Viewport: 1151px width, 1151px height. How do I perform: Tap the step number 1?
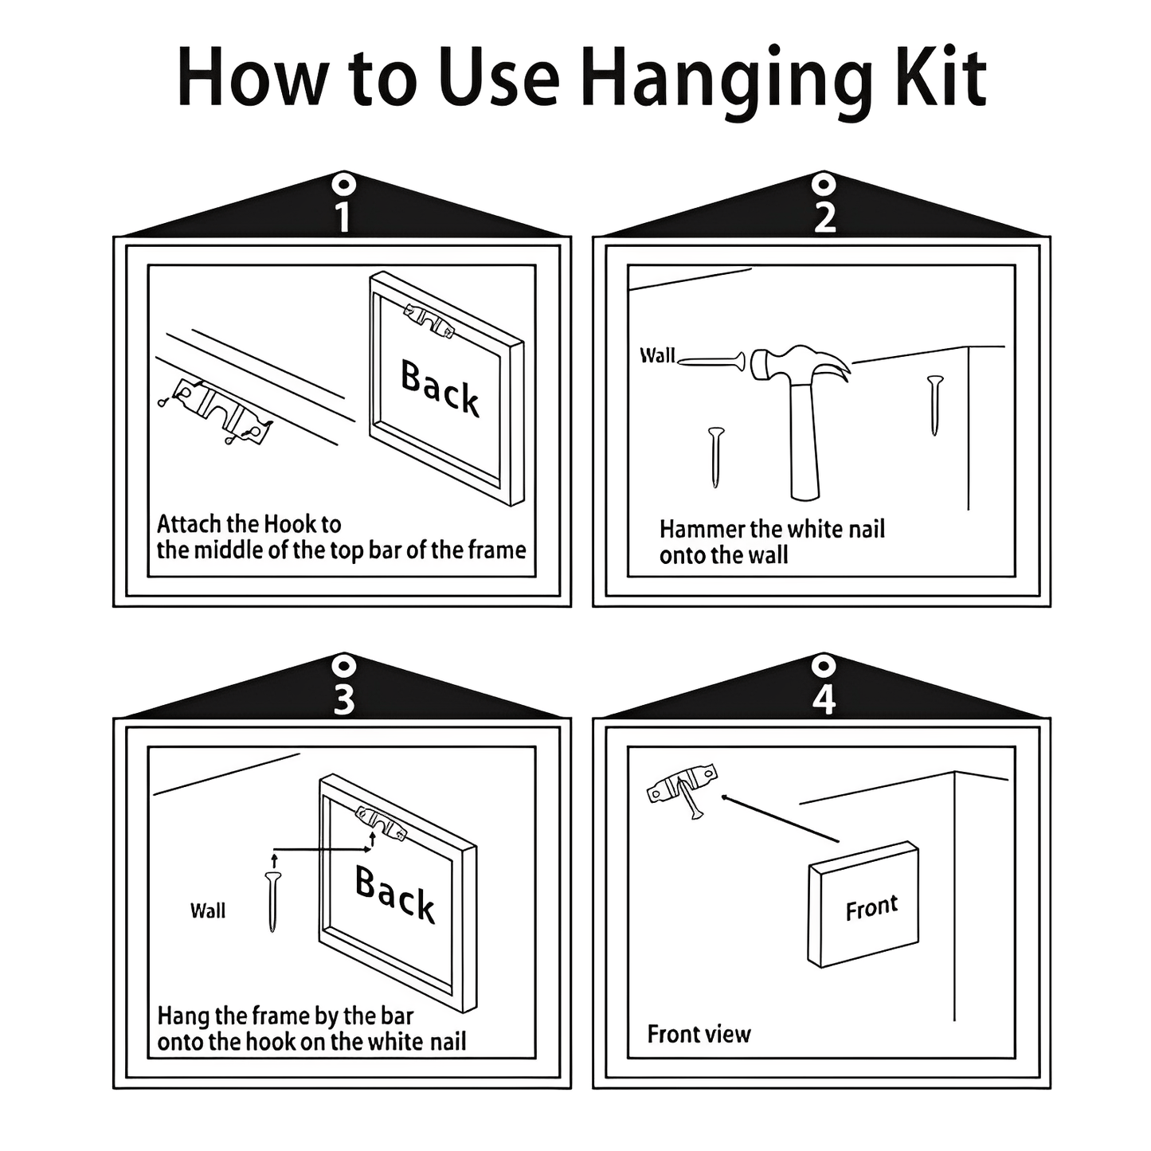click(x=343, y=217)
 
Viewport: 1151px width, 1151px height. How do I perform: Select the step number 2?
click(x=824, y=217)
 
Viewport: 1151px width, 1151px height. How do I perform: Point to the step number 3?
click(x=343, y=699)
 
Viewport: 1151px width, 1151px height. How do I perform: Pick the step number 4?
click(x=824, y=699)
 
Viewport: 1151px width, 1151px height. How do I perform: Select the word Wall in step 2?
click(x=657, y=355)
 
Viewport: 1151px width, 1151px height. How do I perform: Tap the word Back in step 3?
click(x=395, y=894)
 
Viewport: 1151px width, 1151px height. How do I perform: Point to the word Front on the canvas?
click(x=871, y=908)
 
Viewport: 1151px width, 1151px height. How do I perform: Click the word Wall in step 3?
click(x=208, y=910)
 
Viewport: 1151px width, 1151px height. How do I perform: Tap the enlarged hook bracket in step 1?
click(x=221, y=412)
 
